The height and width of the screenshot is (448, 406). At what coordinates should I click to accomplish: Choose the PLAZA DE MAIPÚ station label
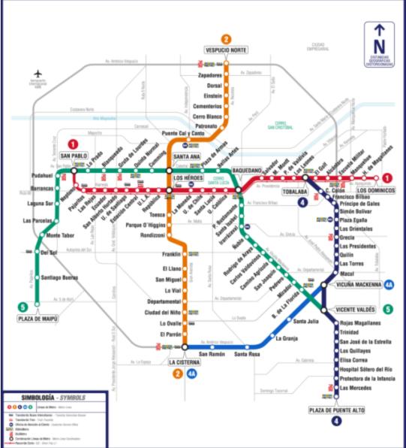pos(38,319)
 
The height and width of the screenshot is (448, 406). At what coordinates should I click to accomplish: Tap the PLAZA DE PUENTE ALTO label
pos(335,410)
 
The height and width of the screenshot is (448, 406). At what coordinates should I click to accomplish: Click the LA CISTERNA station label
pos(182,361)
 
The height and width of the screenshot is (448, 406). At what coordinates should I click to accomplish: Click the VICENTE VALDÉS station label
pos(355,309)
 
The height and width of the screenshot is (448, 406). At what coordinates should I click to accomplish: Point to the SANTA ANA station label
pos(186,156)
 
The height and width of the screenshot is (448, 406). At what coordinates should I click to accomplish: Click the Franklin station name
pos(172,254)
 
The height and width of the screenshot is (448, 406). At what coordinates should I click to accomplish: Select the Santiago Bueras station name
pos(59,277)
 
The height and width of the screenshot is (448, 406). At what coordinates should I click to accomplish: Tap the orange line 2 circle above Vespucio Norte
pos(227,39)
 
